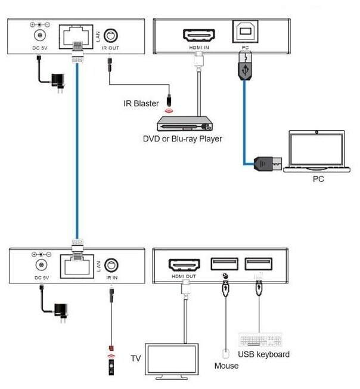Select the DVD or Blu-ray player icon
tap(185, 124)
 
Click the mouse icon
tap(225, 353)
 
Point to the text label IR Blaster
tap(141, 103)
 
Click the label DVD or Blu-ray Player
tap(182, 139)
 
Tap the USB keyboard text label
tap(264, 354)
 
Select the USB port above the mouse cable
tap(225, 264)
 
